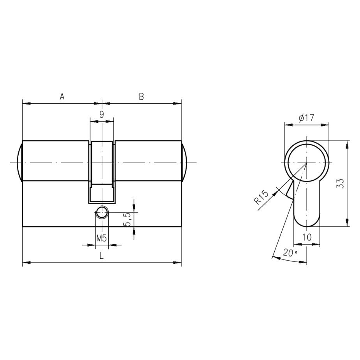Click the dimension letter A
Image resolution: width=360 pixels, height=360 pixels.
[62, 97]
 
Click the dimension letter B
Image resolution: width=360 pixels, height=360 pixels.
[141, 97]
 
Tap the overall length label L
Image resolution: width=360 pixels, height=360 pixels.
[101, 256]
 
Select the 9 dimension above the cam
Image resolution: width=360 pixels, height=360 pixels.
[102, 114]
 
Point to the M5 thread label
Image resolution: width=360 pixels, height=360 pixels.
[101, 238]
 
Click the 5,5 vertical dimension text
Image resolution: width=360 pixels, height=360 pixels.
[127, 219]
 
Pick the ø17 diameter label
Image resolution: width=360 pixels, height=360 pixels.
[306, 118]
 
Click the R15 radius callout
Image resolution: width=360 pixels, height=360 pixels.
[261, 197]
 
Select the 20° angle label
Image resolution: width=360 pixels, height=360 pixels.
[290, 253]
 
